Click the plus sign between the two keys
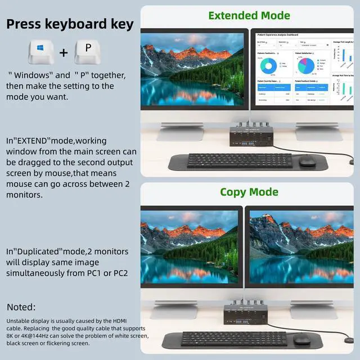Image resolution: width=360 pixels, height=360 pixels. click(x=64, y=53)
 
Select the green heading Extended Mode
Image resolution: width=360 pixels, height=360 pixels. click(x=249, y=15)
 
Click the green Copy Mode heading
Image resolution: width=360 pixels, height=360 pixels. click(x=249, y=192)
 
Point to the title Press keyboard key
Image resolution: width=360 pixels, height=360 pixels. click(x=70, y=24)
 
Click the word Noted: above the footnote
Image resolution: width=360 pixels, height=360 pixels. click(x=21, y=307)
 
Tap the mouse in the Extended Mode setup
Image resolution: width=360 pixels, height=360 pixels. click(x=307, y=161)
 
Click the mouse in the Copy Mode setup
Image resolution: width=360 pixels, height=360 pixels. click(x=301, y=339)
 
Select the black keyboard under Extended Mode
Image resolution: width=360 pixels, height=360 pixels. click(x=240, y=160)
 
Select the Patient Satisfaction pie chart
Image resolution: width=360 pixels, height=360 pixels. click(x=306, y=66)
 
